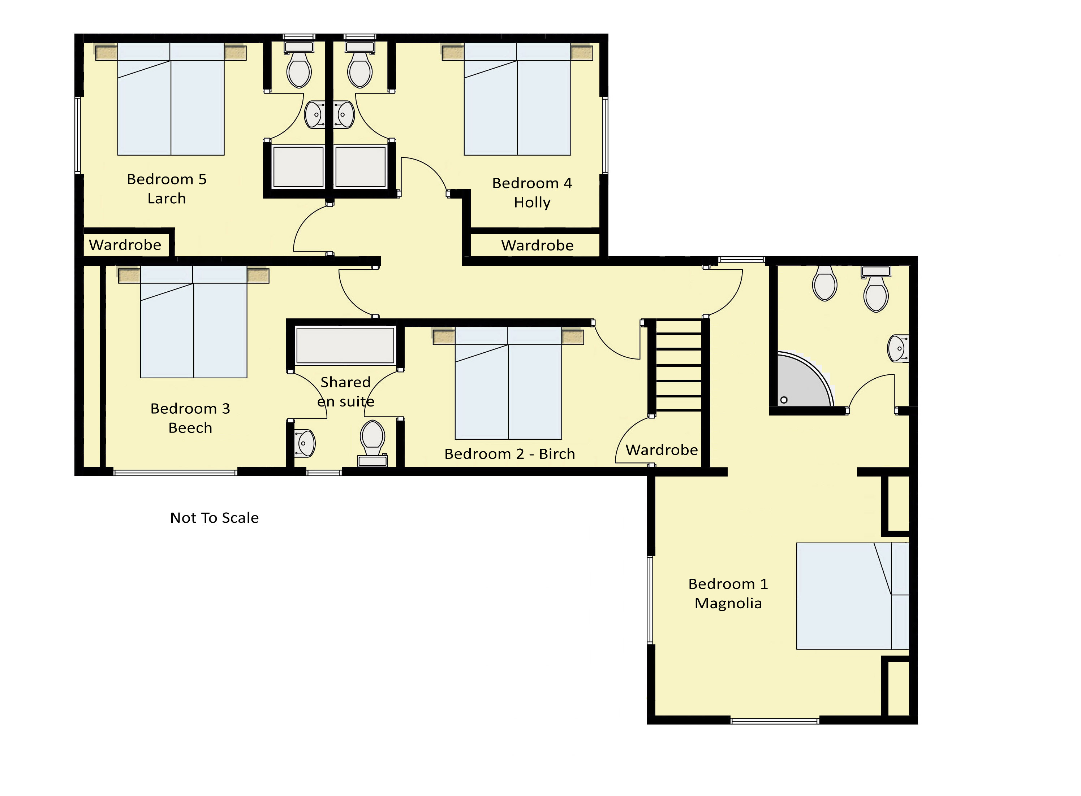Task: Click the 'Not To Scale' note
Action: (x=215, y=518)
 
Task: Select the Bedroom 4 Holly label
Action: (x=532, y=193)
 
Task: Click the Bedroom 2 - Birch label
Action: (x=510, y=454)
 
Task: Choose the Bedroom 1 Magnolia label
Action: (x=728, y=593)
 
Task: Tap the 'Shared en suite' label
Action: (x=346, y=392)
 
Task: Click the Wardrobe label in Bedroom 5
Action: (x=125, y=245)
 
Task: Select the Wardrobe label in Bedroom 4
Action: (x=538, y=245)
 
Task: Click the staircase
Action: (x=679, y=366)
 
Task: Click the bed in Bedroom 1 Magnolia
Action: (x=852, y=596)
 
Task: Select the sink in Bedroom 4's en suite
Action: (x=344, y=115)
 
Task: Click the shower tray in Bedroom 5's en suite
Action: (x=298, y=167)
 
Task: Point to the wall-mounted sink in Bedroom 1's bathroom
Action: (x=898, y=348)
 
